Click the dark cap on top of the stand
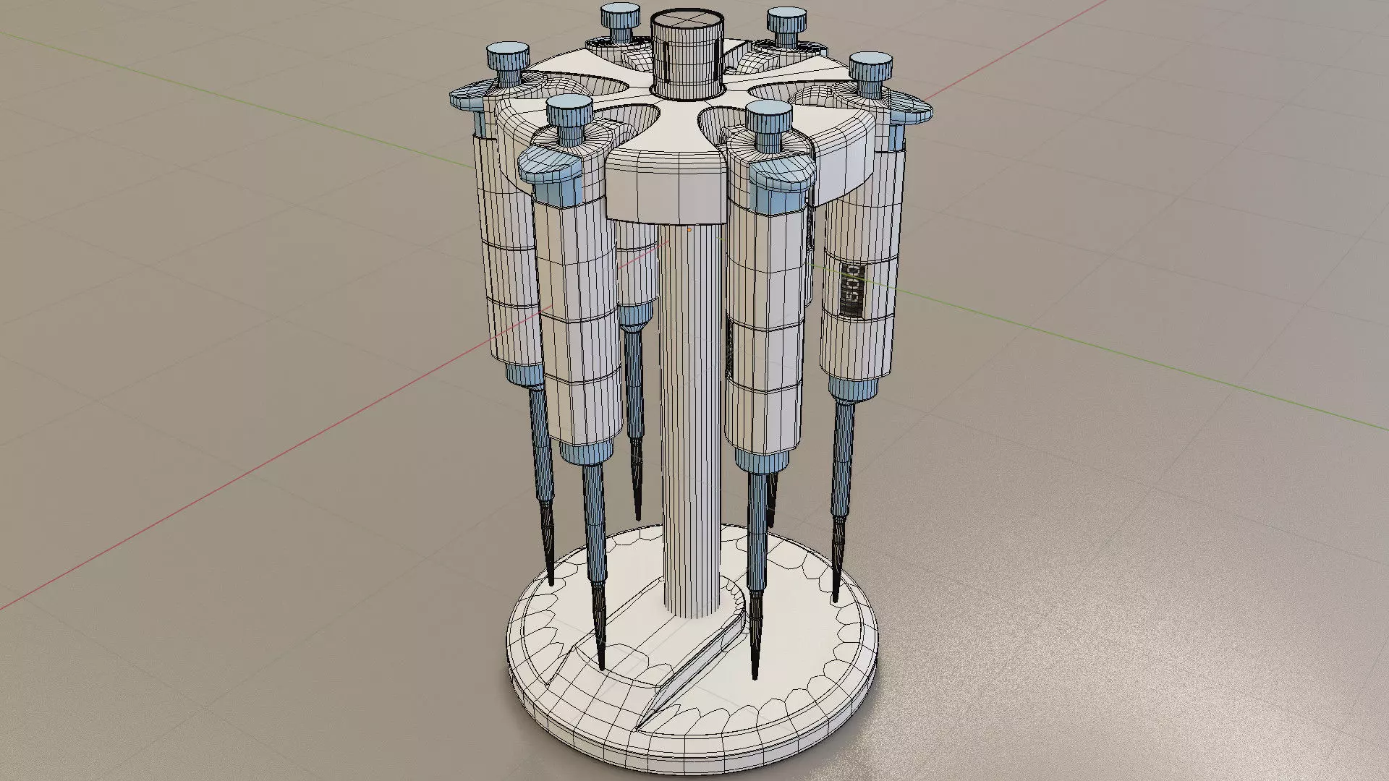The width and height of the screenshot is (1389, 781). (687, 54)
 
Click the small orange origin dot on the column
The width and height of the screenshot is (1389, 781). (689, 229)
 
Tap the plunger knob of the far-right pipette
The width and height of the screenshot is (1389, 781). (870, 67)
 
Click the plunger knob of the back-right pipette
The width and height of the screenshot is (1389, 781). (787, 20)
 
